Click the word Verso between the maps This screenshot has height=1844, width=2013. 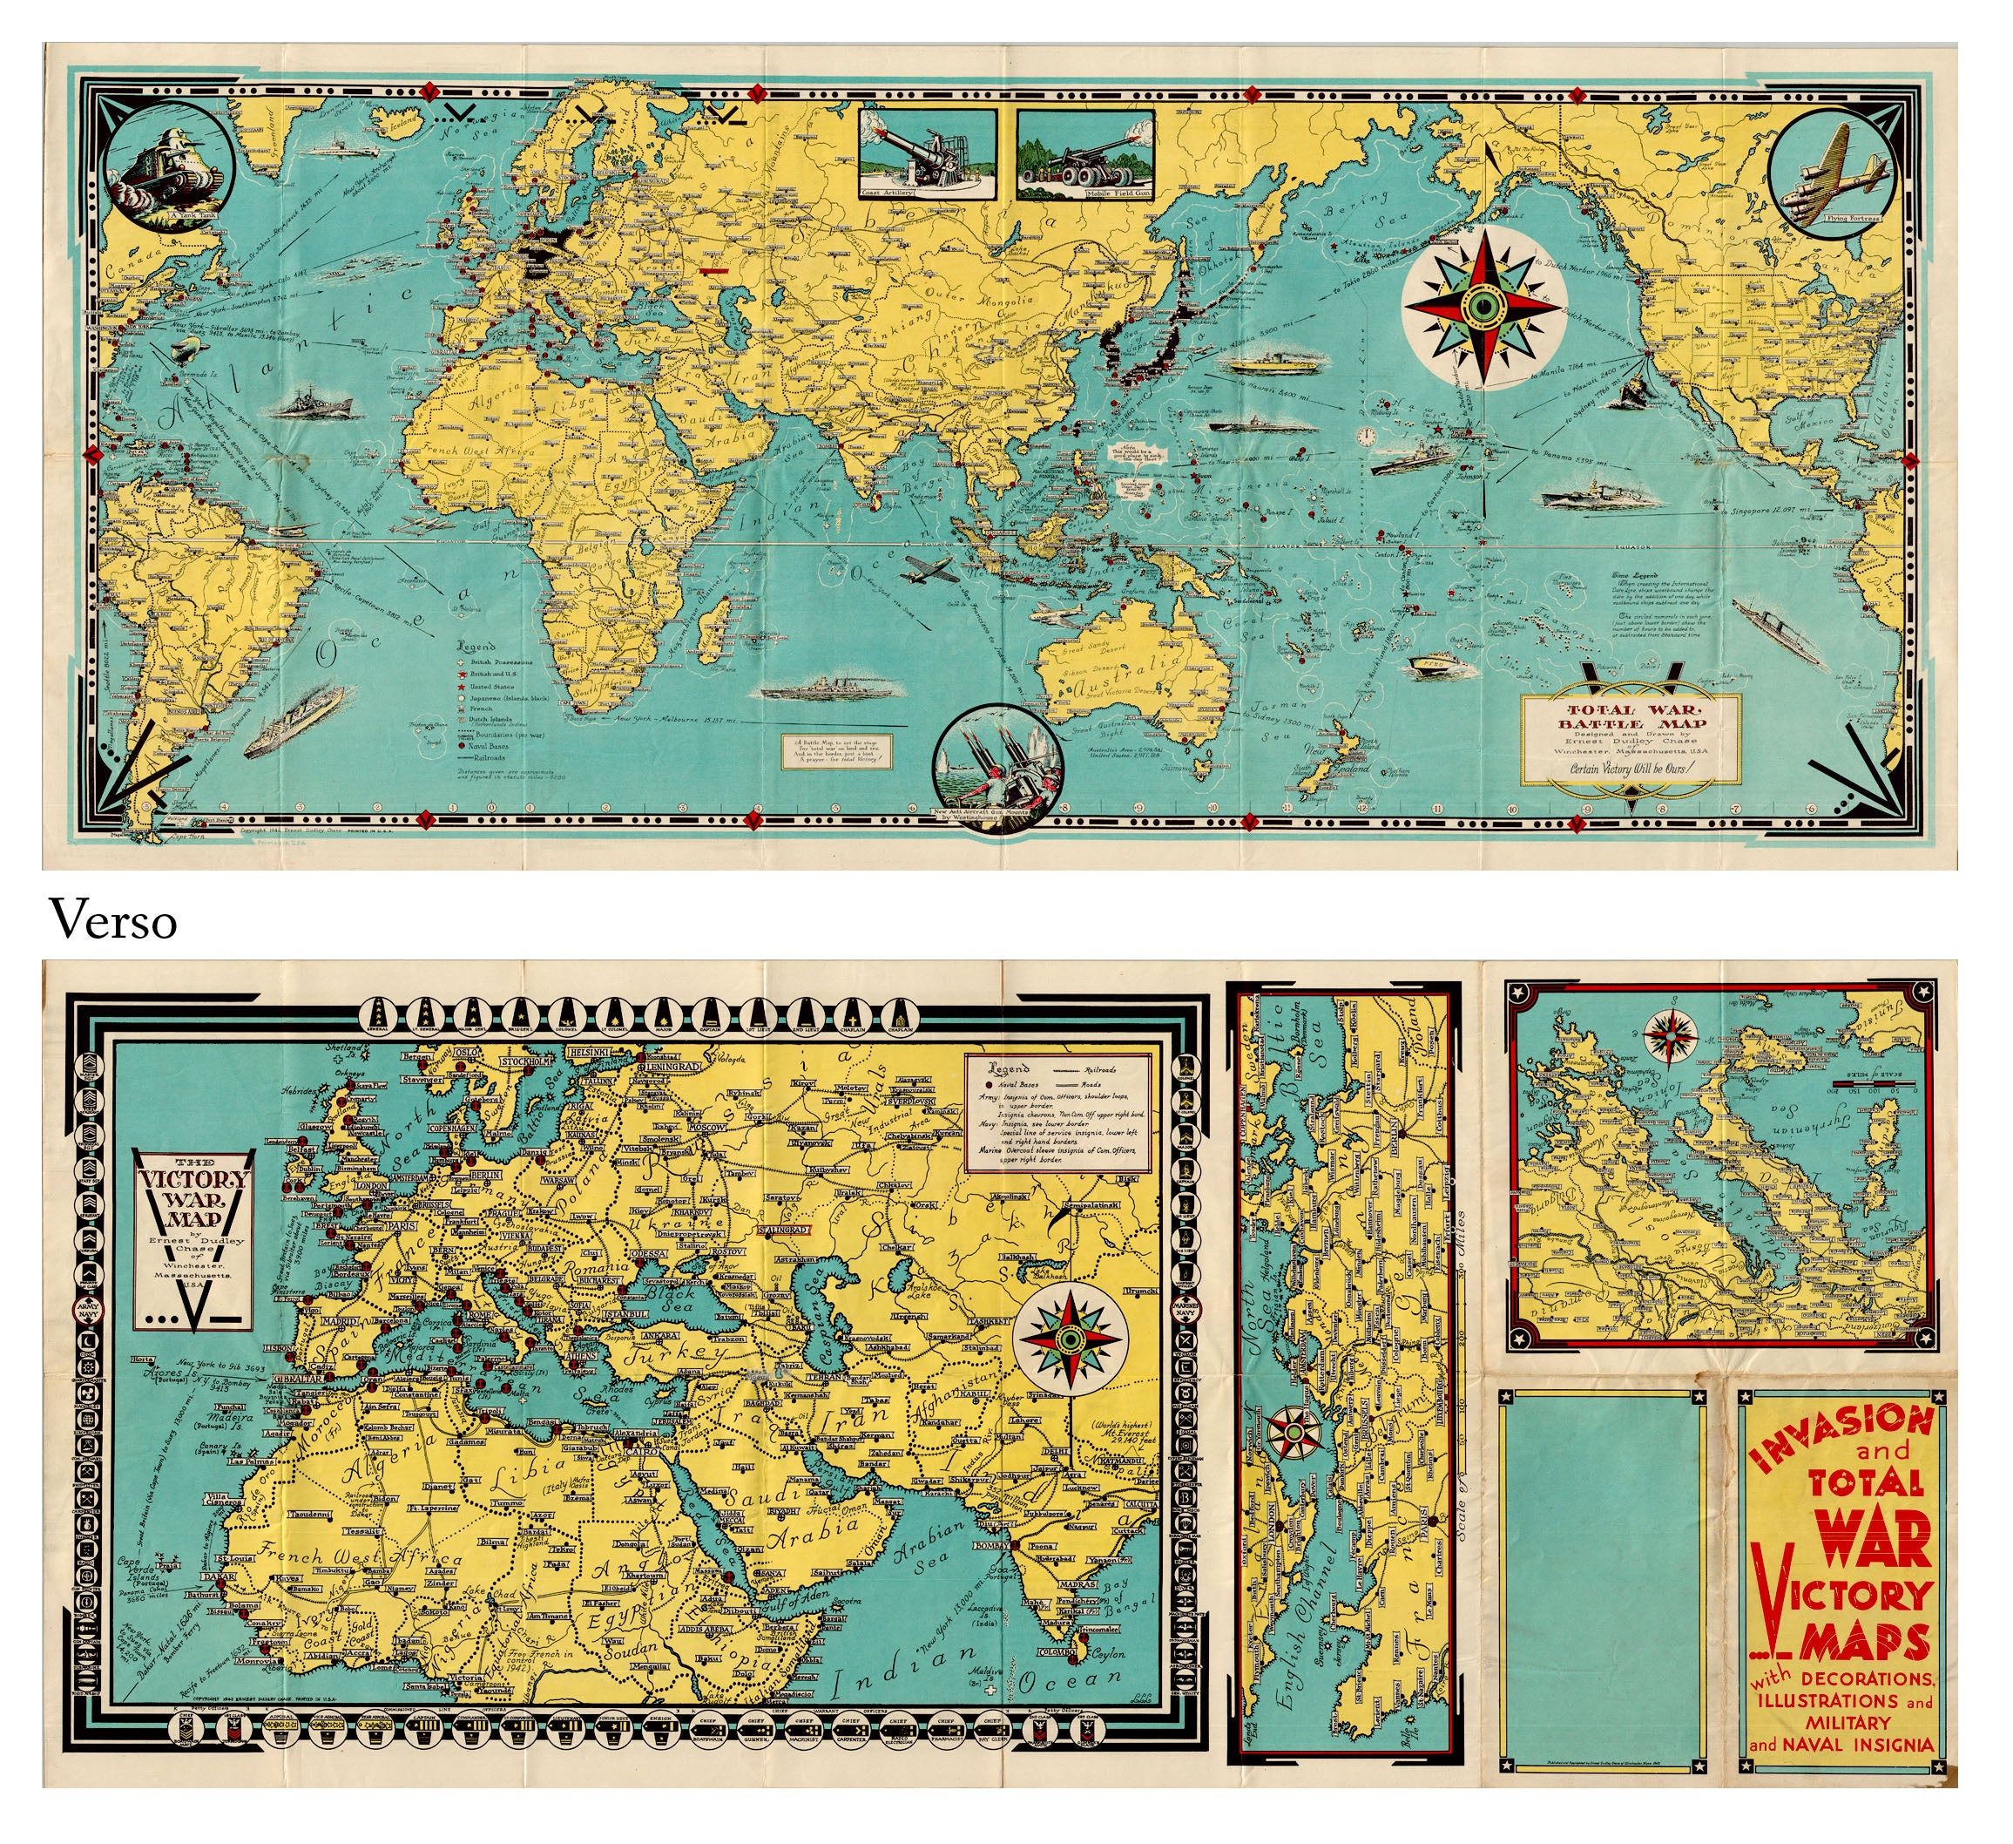114,921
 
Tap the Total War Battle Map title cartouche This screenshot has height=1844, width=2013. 1630,739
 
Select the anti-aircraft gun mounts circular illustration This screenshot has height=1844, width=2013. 999,757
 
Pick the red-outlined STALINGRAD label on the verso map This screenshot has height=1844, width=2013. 786,1230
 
